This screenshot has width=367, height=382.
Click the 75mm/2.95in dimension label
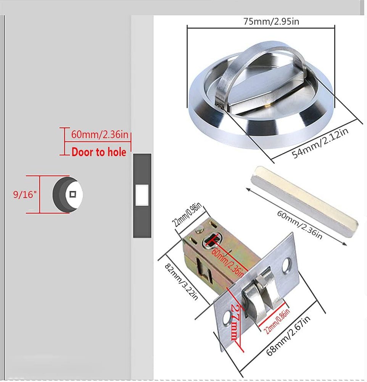(x=271, y=21)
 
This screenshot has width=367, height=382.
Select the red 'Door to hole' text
(x=99, y=152)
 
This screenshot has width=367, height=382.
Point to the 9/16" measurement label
(x=25, y=194)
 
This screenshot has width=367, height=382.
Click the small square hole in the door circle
(x=73, y=194)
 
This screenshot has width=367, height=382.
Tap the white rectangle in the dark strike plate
(x=142, y=195)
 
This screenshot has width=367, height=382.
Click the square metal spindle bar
(x=304, y=201)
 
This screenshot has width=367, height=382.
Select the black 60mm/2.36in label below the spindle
(x=300, y=225)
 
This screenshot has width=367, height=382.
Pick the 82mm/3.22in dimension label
(x=182, y=282)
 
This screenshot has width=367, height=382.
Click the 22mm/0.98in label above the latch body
(x=187, y=215)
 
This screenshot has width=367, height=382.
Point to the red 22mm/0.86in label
(x=277, y=321)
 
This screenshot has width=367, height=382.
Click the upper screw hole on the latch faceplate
(x=287, y=265)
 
